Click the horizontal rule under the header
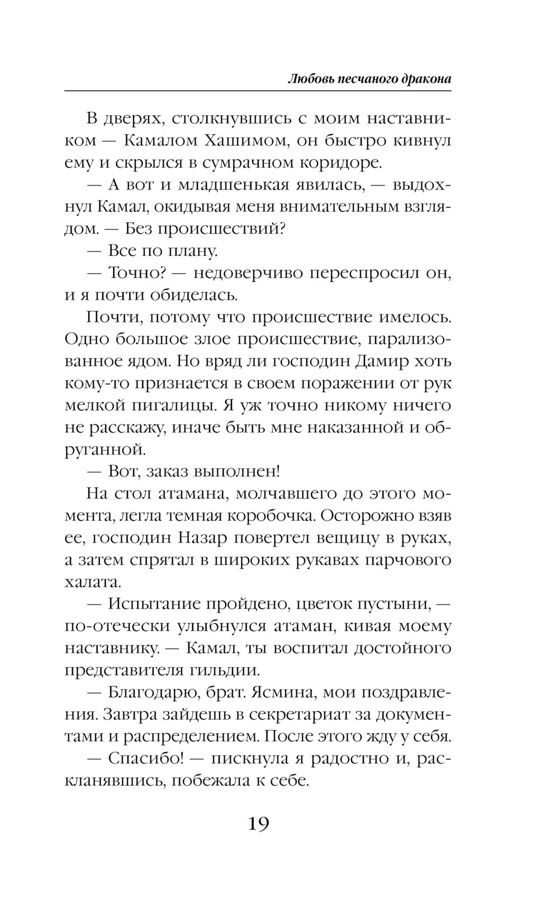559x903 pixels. (x=258, y=90)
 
